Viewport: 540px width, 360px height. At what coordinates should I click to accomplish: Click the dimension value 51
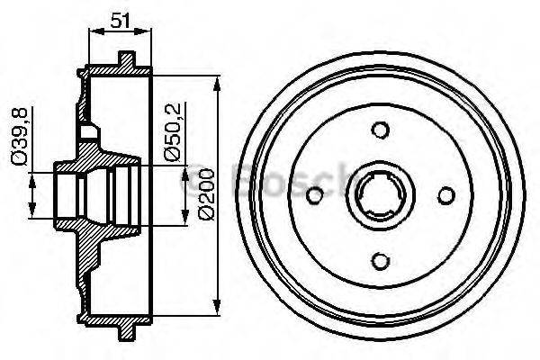tap(121, 18)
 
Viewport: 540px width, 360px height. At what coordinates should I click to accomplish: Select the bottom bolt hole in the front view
tap(381, 260)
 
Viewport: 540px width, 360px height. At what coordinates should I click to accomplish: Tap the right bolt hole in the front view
tap(445, 196)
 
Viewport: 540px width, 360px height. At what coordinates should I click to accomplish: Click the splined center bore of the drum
tap(381, 196)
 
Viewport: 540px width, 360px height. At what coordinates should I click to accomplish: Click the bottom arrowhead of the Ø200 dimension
tap(217, 308)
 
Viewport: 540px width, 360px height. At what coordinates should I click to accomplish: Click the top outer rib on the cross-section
tap(126, 59)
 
